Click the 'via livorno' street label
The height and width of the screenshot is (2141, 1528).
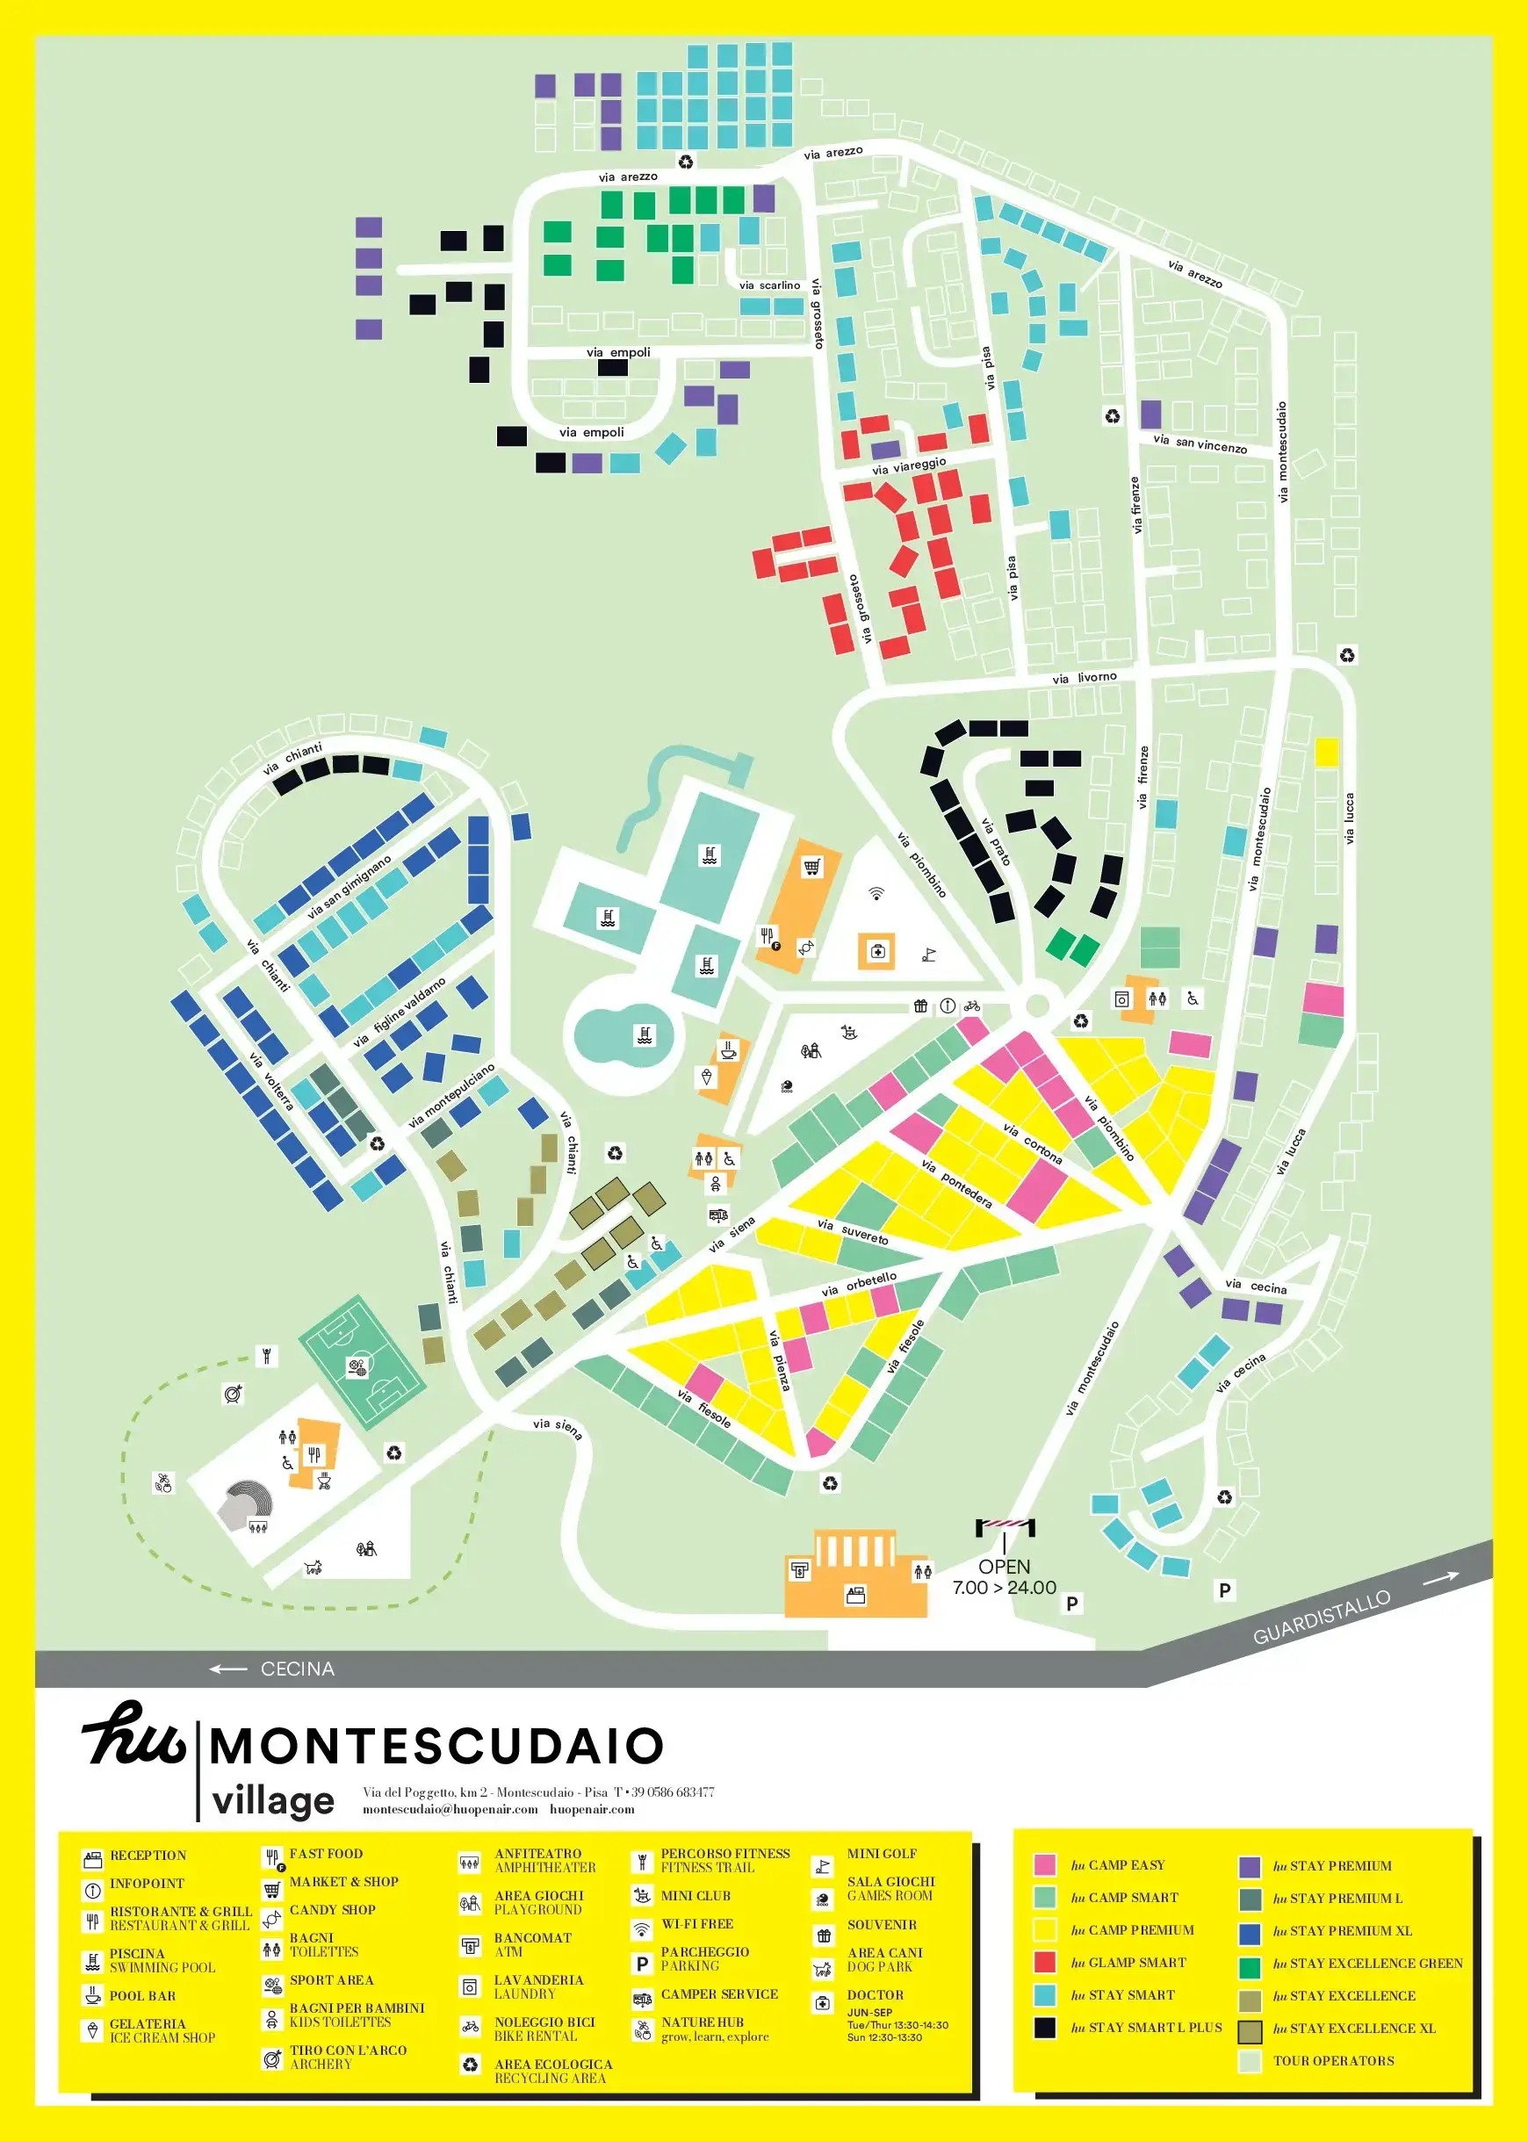[1084, 677]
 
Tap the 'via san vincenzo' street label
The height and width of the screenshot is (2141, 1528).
[1199, 443]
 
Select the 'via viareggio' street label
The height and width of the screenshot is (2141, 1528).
[908, 465]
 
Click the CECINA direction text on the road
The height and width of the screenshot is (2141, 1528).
[297, 1669]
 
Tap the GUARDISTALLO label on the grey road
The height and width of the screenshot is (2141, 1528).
[1321, 1618]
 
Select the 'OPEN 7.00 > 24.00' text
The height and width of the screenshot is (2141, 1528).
[1004, 1576]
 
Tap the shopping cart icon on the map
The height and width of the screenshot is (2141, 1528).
[811, 867]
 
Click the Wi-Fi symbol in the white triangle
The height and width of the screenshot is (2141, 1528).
[876, 893]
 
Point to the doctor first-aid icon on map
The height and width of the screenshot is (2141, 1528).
[877, 951]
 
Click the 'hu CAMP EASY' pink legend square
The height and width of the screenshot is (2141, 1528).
[1044, 1864]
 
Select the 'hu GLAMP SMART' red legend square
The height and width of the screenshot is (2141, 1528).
[1044, 1961]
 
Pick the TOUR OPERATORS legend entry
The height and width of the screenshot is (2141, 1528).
[1332, 2060]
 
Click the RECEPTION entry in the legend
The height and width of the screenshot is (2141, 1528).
[148, 1855]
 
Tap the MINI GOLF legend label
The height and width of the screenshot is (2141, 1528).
[881, 1853]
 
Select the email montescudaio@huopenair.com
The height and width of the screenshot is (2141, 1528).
[450, 1809]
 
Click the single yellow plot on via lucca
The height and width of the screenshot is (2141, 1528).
[1326, 753]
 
